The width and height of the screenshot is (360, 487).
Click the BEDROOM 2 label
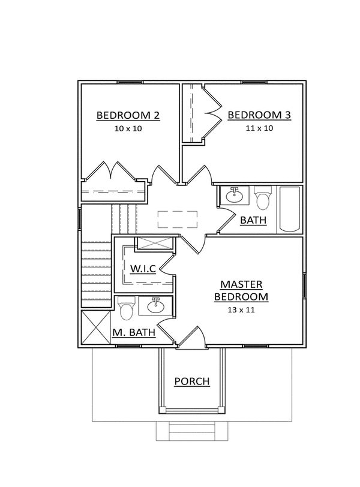pos(128,115)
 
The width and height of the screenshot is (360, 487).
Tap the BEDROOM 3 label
pos(259,115)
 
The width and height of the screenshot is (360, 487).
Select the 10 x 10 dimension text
pos(128,128)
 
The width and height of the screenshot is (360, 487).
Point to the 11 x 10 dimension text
pos(259,128)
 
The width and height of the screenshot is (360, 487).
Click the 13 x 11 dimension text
pos(241,309)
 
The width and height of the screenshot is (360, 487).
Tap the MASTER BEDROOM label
pos(241,290)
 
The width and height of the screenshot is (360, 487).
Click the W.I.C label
pos(143,268)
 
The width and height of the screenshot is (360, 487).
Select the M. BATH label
pos(134,332)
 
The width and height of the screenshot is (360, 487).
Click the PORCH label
pos(192,381)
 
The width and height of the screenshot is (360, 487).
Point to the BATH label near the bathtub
pos(253,220)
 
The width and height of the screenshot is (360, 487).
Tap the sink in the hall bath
pos(235,196)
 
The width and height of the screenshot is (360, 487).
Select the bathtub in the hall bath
pos(290,209)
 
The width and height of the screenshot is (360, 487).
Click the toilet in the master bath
pos(127,308)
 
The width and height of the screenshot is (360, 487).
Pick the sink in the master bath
pos(155,306)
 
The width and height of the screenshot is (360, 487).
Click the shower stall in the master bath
pos(95,327)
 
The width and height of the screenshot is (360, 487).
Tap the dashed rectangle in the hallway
pos(178,220)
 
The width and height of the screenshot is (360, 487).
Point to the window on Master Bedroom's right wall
pos(305,285)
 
